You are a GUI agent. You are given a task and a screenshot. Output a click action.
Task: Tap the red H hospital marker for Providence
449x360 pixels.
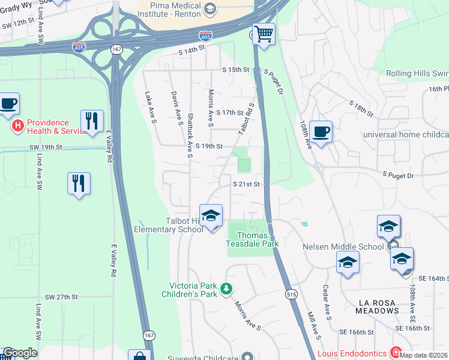(x=18, y=126)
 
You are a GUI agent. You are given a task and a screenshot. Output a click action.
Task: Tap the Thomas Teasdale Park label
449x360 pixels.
(x=252, y=240)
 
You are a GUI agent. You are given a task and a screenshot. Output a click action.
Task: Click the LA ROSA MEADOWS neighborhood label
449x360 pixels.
(x=377, y=307)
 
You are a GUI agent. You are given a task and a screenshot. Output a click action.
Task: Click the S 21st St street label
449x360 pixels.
(x=247, y=184)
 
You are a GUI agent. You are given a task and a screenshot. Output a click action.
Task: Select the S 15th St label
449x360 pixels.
(x=235, y=70)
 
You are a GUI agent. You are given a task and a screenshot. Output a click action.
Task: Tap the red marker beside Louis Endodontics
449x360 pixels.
(x=396, y=351)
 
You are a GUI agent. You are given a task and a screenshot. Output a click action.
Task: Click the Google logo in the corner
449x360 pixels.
(x=20, y=353)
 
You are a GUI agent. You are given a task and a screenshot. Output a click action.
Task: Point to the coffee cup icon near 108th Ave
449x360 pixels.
(x=321, y=131)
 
